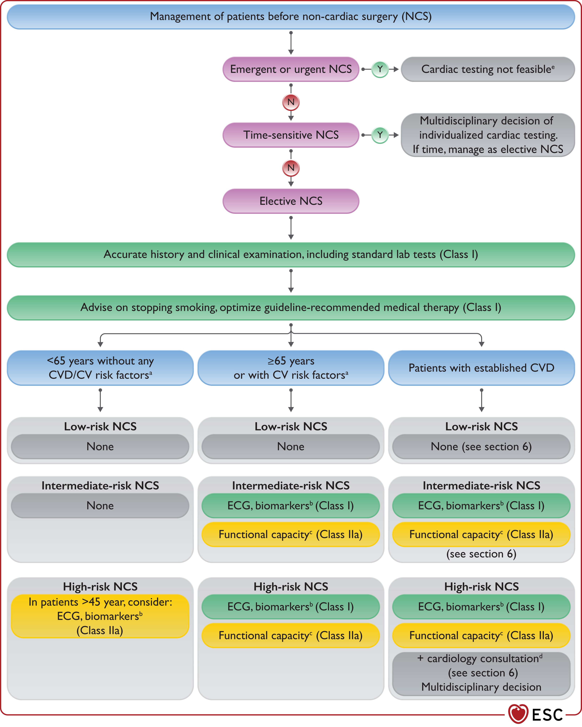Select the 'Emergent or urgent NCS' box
(x=291, y=69)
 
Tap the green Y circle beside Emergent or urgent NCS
(x=380, y=69)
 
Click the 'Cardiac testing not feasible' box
(x=488, y=69)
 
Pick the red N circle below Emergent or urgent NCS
(x=291, y=102)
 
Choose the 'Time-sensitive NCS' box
(x=291, y=135)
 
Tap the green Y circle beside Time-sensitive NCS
(x=380, y=135)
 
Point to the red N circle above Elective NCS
(x=291, y=168)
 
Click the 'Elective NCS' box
(x=291, y=201)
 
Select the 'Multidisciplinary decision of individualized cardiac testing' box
(x=488, y=135)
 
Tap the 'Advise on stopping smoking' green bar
(x=291, y=307)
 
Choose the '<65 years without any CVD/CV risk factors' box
(x=100, y=368)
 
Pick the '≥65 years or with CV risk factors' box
(x=291, y=368)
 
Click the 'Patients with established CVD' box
(x=482, y=368)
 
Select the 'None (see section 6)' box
(x=482, y=446)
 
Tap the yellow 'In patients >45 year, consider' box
(x=100, y=616)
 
